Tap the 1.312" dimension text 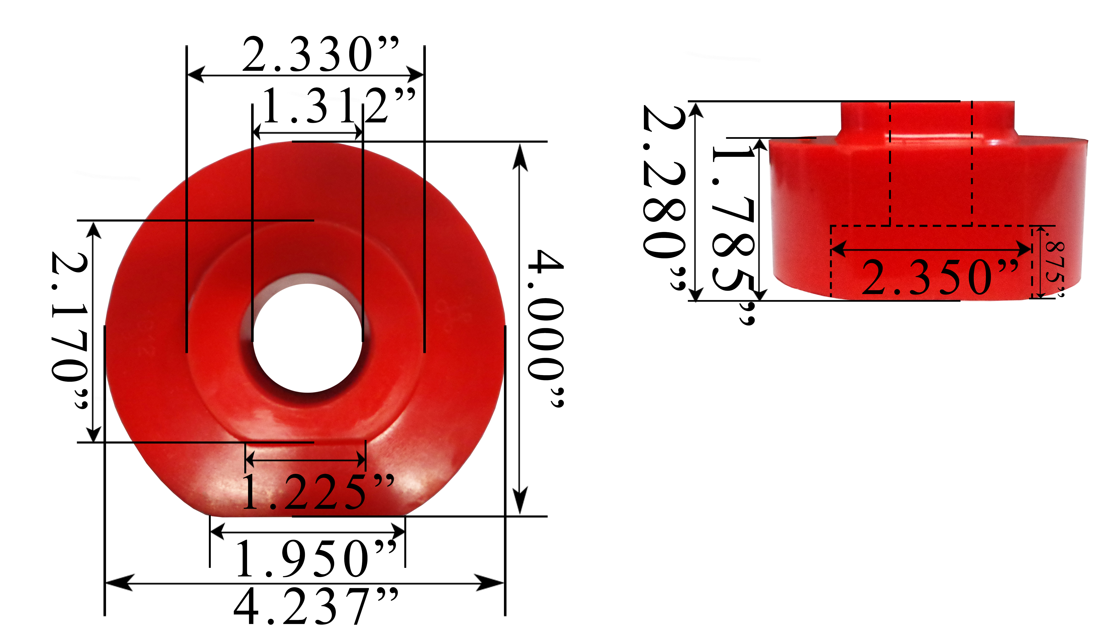(x=339, y=106)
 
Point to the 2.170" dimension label (x=70, y=330)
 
